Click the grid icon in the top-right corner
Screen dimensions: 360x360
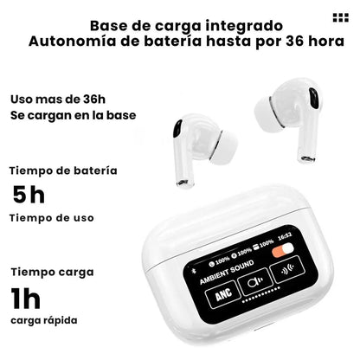coord(338,18)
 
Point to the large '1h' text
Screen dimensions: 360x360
coord(27,299)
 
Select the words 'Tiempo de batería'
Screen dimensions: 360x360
coord(62,170)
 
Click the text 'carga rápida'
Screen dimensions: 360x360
coord(43,320)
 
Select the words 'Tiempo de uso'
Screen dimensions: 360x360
coord(52,217)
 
